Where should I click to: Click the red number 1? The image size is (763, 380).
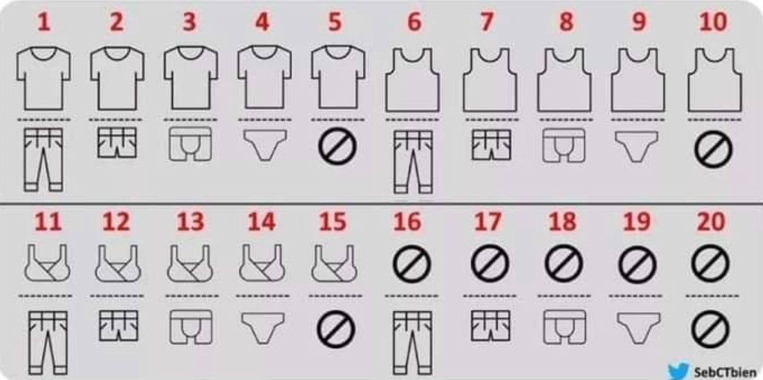[43, 22]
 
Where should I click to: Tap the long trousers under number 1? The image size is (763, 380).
[43, 159]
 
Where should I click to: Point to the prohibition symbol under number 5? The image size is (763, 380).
[336, 146]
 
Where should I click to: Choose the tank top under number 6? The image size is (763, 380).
[412, 80]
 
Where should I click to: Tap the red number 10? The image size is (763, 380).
[712, 22]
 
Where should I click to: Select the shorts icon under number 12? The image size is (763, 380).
[116, 325]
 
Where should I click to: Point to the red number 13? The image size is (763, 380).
[190, 222]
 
